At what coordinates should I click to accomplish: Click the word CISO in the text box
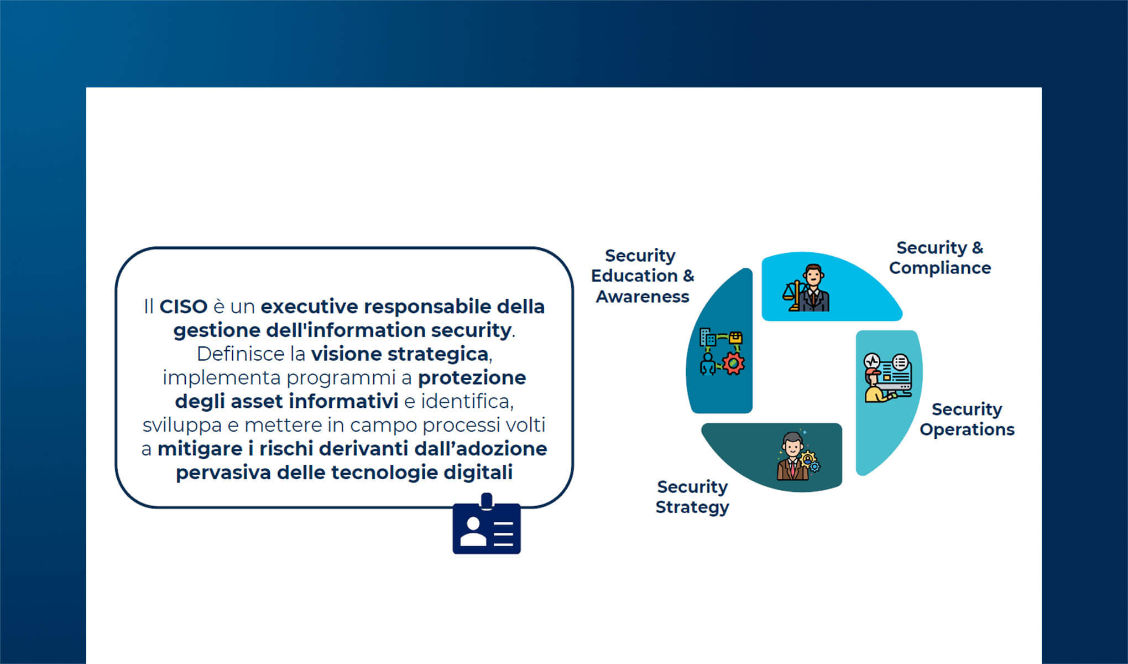(x=183, y=307)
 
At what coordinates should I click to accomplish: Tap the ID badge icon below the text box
(x=487, y=524)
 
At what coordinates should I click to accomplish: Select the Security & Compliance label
(x=940, y=258)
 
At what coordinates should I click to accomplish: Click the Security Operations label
(x=967, y=419)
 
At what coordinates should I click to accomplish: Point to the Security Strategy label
(x=692, y=497)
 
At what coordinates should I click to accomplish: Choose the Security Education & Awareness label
(x=642, y=276)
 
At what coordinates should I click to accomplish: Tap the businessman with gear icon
(x=798, y=456)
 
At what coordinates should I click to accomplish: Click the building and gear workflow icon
(x=722, y=352)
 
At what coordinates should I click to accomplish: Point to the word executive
(x=310, y=307)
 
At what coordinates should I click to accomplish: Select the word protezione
(x=472, y=378)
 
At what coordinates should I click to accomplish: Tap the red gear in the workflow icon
(x=733, y=364)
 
